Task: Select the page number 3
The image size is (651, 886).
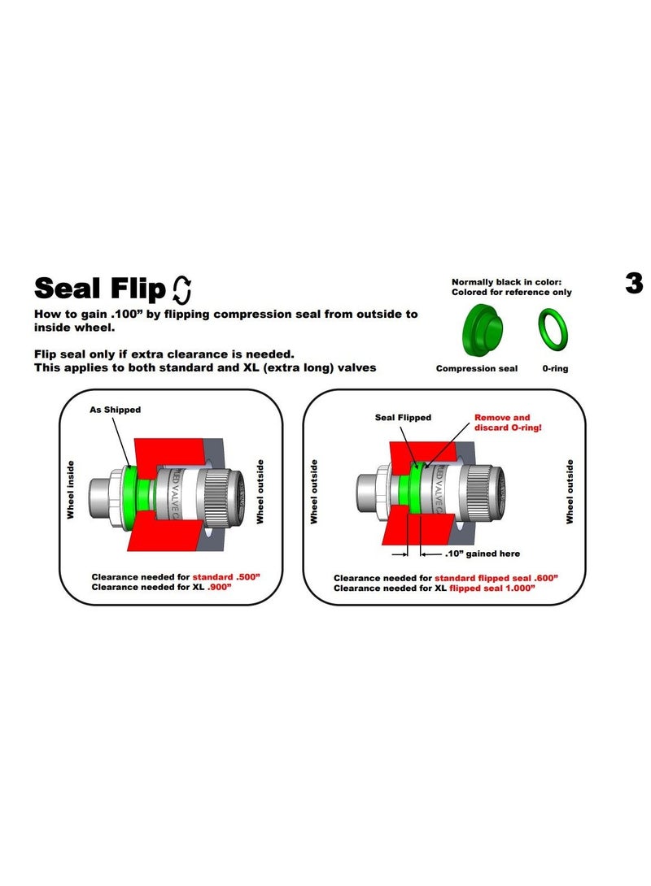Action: pos(634,283)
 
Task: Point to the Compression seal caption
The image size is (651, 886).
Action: pos(476,368)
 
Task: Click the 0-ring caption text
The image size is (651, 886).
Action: pos(555,368)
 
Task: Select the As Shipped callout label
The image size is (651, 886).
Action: pos(115,410)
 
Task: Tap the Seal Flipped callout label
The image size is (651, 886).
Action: pos(403,417)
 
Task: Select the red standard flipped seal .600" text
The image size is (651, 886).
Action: pos(491,578)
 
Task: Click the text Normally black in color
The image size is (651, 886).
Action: pos(506,281)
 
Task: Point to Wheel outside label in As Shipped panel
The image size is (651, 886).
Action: pos(260,491)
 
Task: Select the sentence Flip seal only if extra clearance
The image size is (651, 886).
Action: pos(164,354)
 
